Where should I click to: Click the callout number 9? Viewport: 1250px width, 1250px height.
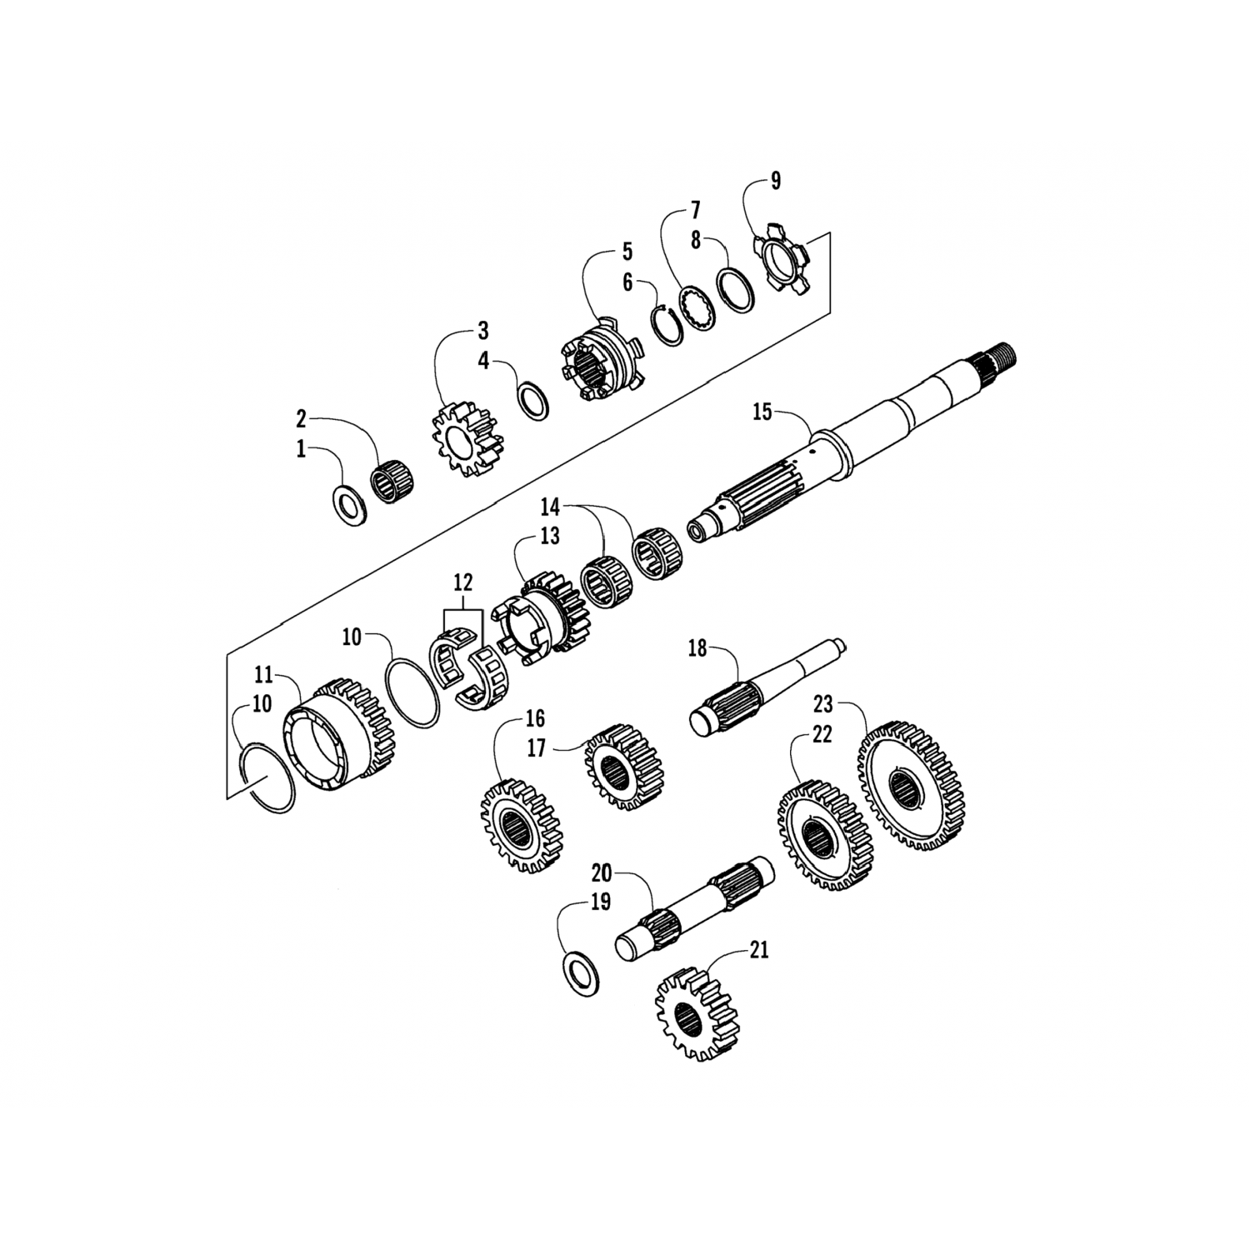[775, 182]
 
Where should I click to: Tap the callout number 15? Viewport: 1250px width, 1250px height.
[762, 411]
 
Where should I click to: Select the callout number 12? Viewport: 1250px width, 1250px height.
[463, 581]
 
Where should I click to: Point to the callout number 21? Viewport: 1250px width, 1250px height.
[757, 950]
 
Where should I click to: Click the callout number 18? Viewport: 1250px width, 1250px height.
[697, 647]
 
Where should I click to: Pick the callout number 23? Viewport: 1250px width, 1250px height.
[822, 705]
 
